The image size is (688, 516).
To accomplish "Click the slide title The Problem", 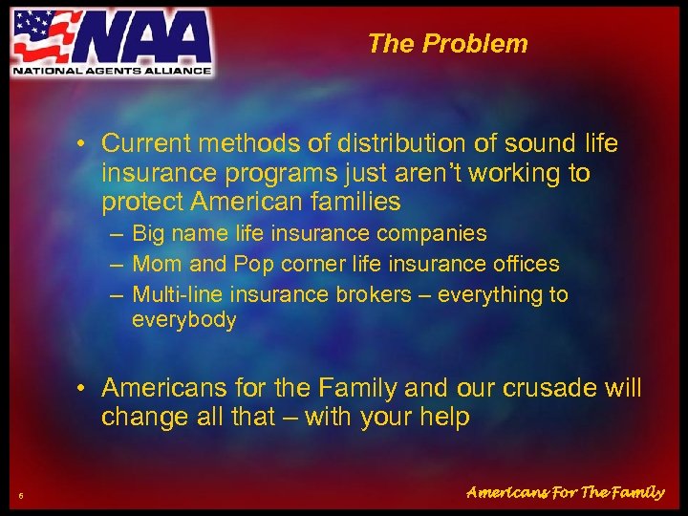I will tap(446, 43).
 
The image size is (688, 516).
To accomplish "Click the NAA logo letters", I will tap(143, 37).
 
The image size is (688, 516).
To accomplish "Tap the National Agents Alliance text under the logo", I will tap(111, 69).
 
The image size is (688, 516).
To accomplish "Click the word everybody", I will tap(183, 319).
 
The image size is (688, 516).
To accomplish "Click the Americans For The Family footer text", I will tap(565, 493).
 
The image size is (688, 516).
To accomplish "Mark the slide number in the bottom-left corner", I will tap(20, 494).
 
